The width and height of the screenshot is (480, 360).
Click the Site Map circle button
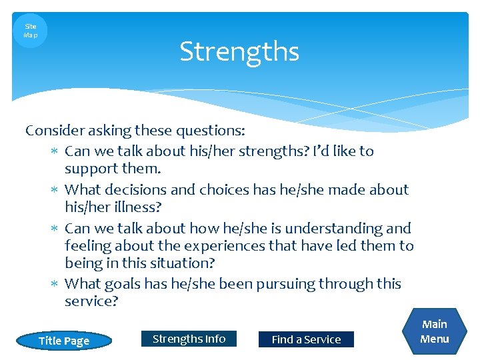31,31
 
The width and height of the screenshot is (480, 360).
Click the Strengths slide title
239,51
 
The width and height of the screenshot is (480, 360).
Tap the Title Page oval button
64,341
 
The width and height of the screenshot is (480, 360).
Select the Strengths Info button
189,339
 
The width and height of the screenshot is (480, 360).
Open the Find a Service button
306,339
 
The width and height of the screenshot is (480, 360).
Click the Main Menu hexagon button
434,331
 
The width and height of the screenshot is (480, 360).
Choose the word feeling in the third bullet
88,246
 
